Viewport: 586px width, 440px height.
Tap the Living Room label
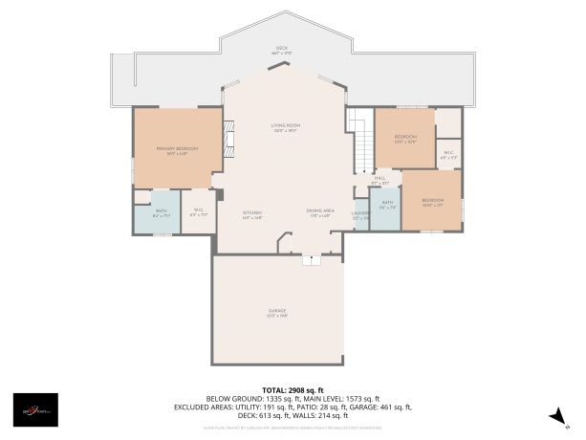coord(285,127)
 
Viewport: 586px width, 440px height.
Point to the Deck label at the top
coord(281,49)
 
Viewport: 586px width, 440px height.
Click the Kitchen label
coord(252,214)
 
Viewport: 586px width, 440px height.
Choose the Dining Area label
coord(319,214)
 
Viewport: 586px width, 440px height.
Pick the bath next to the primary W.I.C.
coord(162,213)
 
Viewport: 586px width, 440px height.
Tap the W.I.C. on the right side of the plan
coord(447,153)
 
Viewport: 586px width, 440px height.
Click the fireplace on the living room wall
coord(228,138)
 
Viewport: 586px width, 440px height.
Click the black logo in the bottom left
coord(34,409)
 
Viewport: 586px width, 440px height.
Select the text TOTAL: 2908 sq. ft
coord(293,390)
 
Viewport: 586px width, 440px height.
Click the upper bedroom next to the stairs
coord(404,139)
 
